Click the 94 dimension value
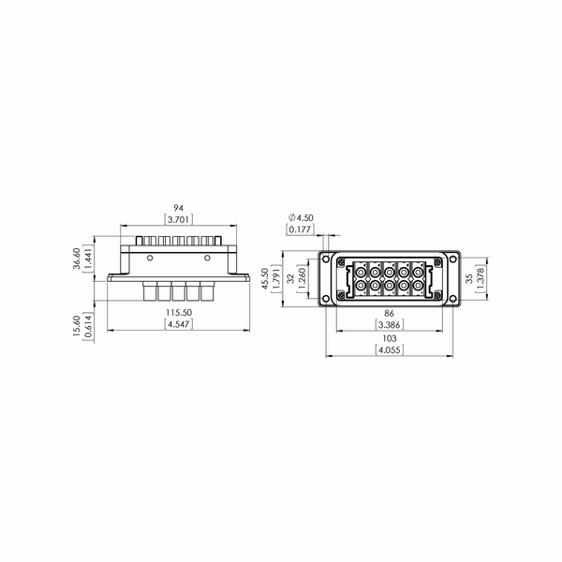(179, 208)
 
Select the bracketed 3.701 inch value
(179, 219)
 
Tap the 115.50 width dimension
(179, 313)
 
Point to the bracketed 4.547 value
(179, 324)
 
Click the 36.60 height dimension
(77, 259)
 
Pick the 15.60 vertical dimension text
(77, 326)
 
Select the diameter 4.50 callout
(301, 217)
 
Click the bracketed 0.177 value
(300, 229)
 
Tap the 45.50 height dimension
(265, 279)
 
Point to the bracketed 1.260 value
(303, 278)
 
